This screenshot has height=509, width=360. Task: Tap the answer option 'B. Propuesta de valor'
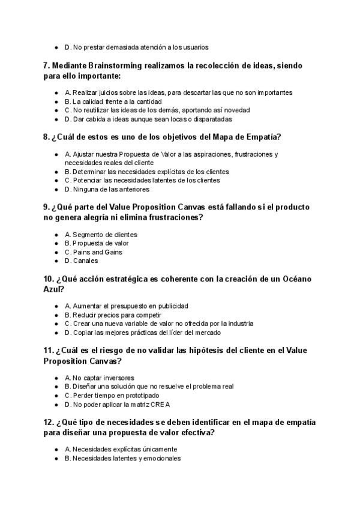[x=96, y=243]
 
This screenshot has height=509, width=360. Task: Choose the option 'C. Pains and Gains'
[x=93, y=252]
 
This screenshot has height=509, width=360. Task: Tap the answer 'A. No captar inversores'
[x=100, y=378]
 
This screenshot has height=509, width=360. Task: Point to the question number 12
[x=49, y=422]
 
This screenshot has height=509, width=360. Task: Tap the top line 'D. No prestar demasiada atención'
[x=136, y=47]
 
